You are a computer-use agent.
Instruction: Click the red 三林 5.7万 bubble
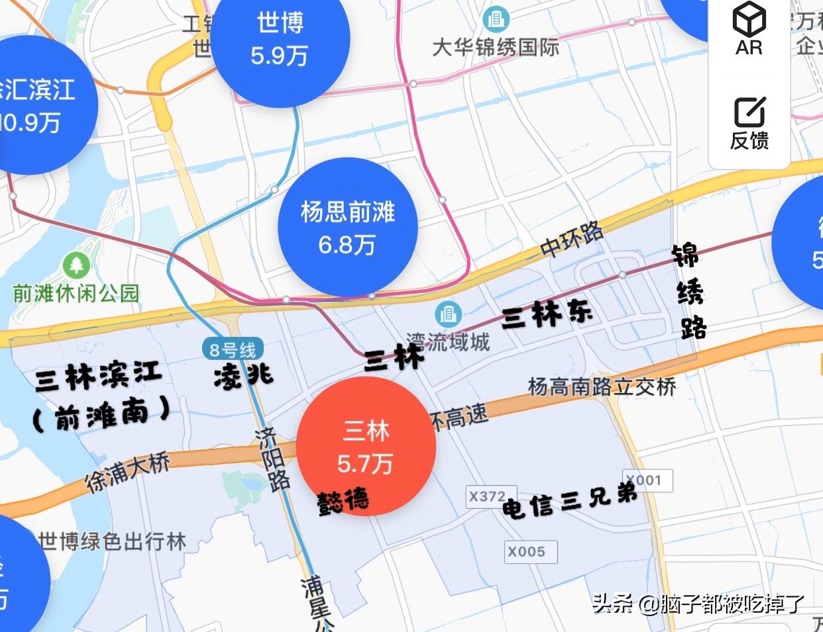click(366, 447)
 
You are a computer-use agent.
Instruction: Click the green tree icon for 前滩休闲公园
click(77, 266)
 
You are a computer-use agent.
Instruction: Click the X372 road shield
click(487, 496)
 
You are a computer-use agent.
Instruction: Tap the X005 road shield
click(526, 551)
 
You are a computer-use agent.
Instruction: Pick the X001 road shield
click(647, 480)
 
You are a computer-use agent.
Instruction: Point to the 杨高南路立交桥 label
click(602, 386)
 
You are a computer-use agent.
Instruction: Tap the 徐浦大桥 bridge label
click(128, 472)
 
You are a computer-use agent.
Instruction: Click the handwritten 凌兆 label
click(243, 377)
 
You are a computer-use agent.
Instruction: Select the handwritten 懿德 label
click(343, 502)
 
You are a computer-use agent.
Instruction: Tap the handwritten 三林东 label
click(547, 314)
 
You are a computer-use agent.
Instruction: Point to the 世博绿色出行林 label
click(112, 542)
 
